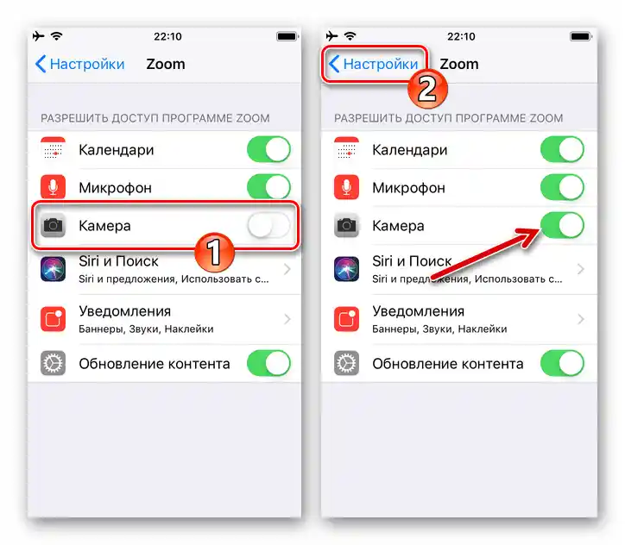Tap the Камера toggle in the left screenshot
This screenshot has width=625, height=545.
268,226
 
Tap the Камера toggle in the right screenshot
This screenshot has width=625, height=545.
562,226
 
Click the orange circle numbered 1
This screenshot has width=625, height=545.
216,253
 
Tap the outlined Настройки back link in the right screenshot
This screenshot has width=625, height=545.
374,64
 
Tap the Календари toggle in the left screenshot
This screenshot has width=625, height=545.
268,150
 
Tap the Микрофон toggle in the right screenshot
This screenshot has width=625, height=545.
562,188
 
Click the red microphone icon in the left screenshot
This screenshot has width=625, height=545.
54,188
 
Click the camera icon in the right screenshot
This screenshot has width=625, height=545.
347,226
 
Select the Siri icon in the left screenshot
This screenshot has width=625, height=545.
54,269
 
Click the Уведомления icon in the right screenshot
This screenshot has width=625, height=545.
347,319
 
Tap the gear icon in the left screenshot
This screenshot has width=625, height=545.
54,364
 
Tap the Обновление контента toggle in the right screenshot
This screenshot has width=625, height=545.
562,364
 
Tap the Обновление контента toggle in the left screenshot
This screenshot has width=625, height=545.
268,364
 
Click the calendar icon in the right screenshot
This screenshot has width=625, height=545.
347,150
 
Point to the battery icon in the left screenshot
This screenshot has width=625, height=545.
286,37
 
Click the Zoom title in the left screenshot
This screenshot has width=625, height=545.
166,64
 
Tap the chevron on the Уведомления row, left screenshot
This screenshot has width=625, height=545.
287,319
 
